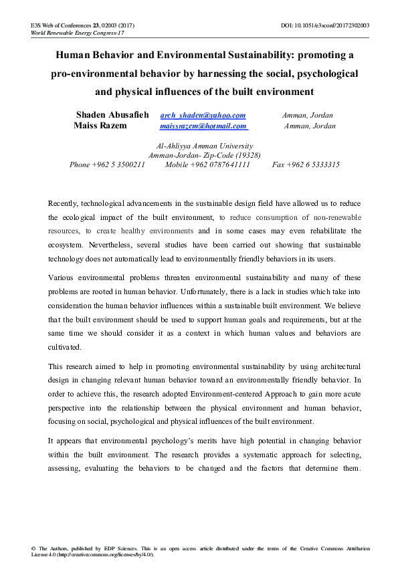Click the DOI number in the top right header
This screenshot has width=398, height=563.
pos(338,25)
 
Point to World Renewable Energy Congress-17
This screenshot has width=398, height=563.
pos(68,33)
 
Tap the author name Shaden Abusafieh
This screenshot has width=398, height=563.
pos(112,116)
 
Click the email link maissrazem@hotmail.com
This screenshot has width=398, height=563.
pos(203,126)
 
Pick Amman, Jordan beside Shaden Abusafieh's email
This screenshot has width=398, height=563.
pos(308,116)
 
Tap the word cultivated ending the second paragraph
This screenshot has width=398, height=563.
pos(65,347)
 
